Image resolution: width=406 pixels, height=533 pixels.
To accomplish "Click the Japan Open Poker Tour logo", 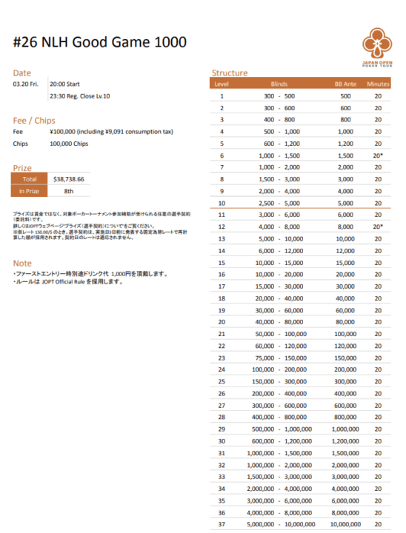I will (378, 46).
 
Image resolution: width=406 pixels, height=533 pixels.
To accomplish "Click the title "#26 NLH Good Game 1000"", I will (100, 42).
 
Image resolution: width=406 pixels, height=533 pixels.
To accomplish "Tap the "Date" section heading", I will (22, 73).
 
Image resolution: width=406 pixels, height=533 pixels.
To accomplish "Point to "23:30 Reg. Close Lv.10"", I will (79, 96).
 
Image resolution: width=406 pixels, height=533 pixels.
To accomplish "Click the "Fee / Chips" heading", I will (35, 120).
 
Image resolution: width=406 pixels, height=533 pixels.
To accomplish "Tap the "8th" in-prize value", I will (68, 190).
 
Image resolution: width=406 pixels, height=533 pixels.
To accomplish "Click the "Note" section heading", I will (22, 263).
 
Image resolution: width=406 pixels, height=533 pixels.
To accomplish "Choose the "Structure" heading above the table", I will (230, 73).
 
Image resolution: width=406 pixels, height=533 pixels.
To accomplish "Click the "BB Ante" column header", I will (345, 84).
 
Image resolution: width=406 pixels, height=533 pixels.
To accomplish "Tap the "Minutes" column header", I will (378, 84).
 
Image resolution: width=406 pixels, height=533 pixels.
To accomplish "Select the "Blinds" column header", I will (279, 84).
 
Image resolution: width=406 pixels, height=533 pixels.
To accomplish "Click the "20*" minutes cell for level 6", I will (378, 155).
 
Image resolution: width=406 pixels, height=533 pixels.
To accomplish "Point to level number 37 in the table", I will (222, 523).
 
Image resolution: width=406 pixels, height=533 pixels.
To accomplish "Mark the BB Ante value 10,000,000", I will (345, 523).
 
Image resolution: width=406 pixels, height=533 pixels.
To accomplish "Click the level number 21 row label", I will (222, 334).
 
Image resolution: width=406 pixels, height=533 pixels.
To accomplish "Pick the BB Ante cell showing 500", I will (345, 96).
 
